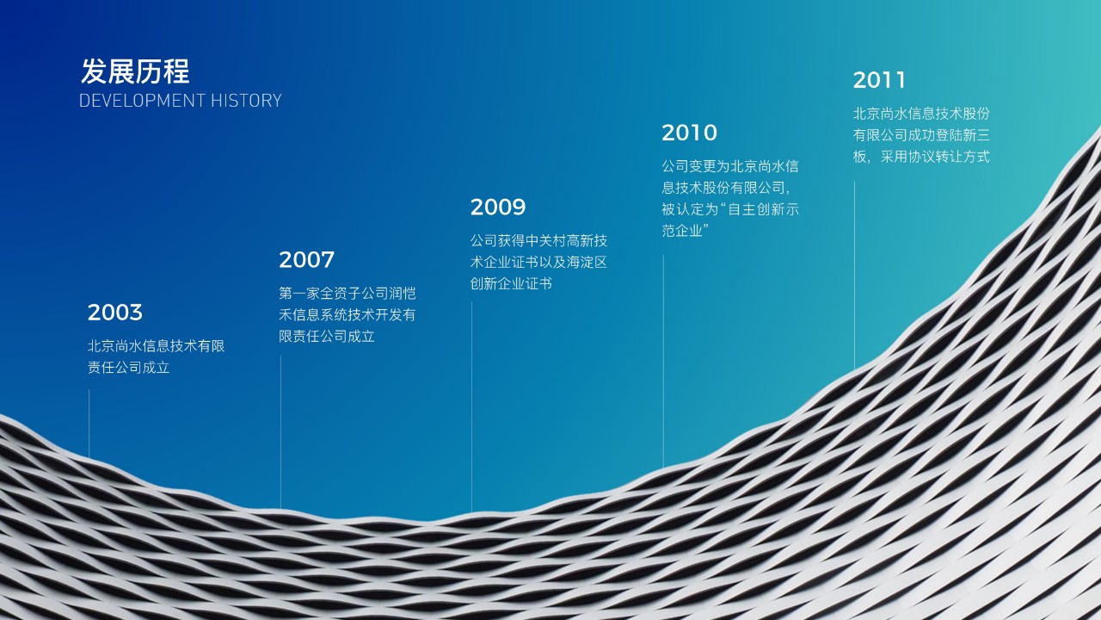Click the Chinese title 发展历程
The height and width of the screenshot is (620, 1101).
click(135, 71)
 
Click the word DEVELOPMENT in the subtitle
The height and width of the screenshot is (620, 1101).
click(130, 101)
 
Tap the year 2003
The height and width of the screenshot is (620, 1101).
click(115, 313)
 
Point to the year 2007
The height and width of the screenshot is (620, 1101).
click(306, 260)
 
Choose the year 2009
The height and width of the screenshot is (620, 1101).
click(498, 208)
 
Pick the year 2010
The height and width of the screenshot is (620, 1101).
click(689, 133)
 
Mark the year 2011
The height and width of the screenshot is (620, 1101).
click(880, 81)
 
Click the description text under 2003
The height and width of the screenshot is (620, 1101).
click(156, 356)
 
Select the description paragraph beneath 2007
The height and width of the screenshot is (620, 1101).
click(347, 315)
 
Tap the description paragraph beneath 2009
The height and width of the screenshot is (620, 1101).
click(538, 262)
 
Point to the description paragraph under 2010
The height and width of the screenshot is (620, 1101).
click(730, 198)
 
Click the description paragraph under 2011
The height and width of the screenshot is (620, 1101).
click(921, 135)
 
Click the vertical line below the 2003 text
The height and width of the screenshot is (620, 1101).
click(89, 422)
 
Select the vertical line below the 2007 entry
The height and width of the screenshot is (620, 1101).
click(280, 431)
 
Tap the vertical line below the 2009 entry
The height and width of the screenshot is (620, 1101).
click(471, 405)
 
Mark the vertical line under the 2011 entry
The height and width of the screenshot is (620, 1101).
click(854, 276)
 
